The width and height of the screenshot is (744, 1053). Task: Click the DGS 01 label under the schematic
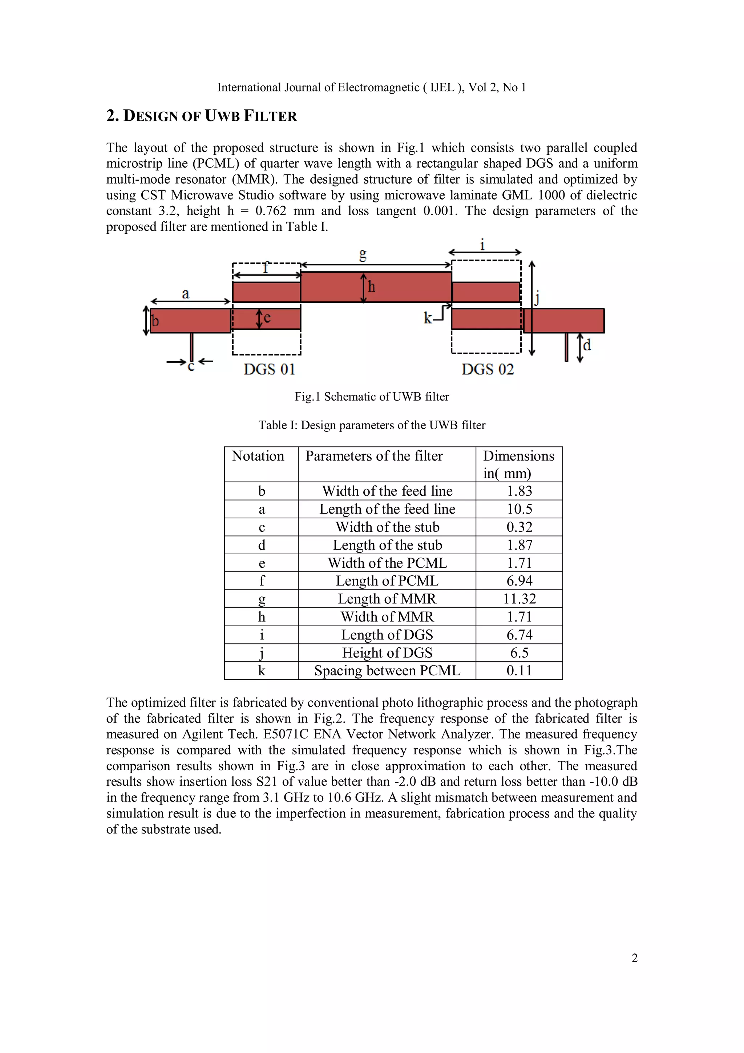[x=269, y=369]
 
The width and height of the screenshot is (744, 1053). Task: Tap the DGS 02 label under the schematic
[x=487, y=369]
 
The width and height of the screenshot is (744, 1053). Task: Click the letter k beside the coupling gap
[x=427, y=318]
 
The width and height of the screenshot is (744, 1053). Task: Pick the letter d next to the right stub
[x=587, y=345]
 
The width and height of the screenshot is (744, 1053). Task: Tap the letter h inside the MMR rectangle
[x=371, y=287]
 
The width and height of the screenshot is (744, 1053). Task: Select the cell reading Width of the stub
[x=387, y=527]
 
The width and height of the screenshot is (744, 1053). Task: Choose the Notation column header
[x=258, y=456]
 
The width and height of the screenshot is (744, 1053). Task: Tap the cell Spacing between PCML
[x=387, y=671]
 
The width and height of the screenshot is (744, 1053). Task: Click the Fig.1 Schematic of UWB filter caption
[x=372, y=396]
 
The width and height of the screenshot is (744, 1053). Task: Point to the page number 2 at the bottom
[x=634, y=958]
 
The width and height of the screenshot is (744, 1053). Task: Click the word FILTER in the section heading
[x=270, y=116]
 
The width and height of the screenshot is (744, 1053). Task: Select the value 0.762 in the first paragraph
[x=271, y=211]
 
